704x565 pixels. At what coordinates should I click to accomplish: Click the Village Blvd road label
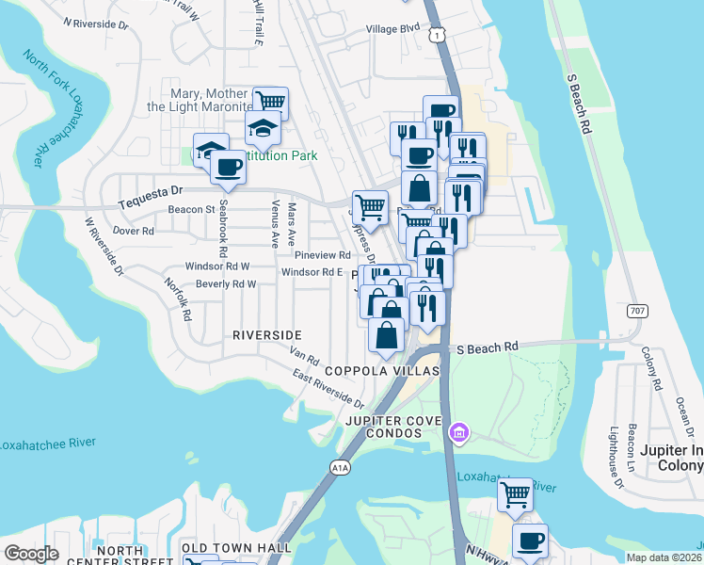pyautogui.click(x=392, y=29)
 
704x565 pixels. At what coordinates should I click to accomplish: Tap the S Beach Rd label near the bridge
pyautogui.click(x=488, y=347)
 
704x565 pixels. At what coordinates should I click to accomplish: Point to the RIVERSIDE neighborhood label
pyautogui.click(x=267, y=335)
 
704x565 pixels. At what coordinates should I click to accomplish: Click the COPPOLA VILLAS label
pyautogui.click(x=381, y=372)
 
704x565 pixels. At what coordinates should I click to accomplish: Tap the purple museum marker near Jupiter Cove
pyautogui.click(x=458, y=432)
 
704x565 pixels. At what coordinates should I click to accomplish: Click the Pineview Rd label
pyautogui.click(x=322, y=255)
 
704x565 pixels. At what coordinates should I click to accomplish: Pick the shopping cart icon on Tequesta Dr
pyautogui.click(x=370, y=205)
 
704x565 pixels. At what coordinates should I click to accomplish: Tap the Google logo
pyautogui.click(x=31, y=553)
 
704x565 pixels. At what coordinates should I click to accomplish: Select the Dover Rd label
pyautogui.click(x=133, y=230)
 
